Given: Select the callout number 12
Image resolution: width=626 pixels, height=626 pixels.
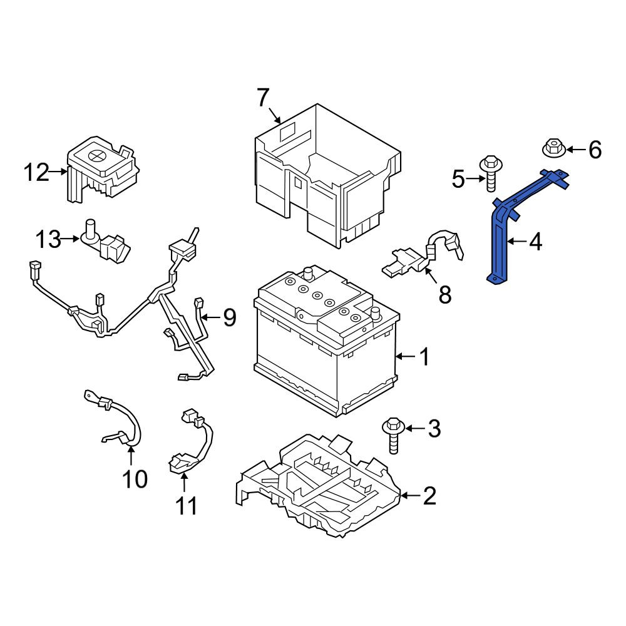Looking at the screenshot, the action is coord(36,173).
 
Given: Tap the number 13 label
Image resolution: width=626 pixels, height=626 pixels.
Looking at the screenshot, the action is coord(48,240).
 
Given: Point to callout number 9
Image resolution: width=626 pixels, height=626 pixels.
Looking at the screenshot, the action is coord(229,318).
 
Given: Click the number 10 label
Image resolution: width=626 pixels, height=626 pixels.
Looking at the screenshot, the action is coord(135,479).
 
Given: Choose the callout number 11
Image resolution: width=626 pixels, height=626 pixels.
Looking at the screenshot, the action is coord(187,506).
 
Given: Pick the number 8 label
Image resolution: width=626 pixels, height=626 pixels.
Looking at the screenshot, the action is coord(444,295).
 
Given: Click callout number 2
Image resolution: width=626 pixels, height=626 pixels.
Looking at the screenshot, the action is coord(429,496).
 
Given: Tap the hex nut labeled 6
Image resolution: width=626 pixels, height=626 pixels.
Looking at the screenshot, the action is coord(553,148).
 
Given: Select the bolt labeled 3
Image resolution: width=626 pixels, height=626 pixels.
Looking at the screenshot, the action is coord(393,436).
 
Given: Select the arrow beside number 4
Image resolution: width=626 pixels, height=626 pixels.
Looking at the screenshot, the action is coord(517,242).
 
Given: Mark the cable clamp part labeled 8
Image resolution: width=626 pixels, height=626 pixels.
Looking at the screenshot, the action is coord(423,255).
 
